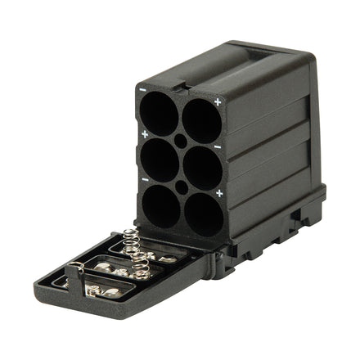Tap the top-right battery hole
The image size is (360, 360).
[200, 121]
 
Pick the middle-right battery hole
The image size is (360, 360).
[200, 168]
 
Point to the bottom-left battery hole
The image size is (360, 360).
[161, 207]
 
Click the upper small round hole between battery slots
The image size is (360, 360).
[181, 141]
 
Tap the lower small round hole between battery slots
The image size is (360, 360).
[182, 187]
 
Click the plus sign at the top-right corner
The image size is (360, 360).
[218, 101]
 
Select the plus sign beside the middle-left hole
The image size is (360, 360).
[144, 133]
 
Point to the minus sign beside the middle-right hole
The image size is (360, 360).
[218, 147]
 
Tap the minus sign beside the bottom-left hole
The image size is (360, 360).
[145, 180]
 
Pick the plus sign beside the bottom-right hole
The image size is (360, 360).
[218, 193]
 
